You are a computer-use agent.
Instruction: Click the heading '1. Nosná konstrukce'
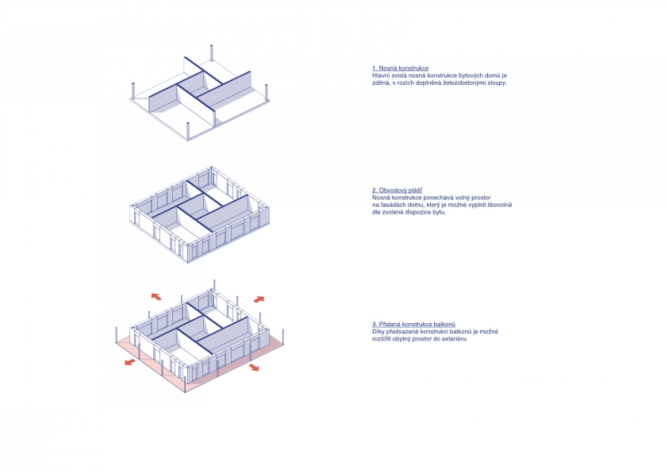click(x=400, y=68)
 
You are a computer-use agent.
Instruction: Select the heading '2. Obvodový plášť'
click(x=397, y=190)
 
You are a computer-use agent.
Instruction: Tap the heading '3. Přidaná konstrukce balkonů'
click(x=414, y=324)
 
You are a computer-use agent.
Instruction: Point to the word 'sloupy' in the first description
click(x=496, y=83)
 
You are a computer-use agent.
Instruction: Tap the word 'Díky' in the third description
click(x=378, y=332)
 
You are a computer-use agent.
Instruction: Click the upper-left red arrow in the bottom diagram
click(x=156, y=296)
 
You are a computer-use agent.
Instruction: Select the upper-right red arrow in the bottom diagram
click(x=259, y=299)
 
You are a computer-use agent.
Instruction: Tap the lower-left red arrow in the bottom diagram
click(x=130, y=362)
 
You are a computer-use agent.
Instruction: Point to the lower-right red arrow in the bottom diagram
click(x=254, y=367)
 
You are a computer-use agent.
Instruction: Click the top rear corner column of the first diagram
click(x=212, y=53)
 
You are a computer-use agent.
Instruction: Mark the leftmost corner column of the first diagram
click(x=133, y=91)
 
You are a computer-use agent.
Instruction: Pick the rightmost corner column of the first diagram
click(x=267, y=93)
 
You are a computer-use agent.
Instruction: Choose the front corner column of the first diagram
click(x=188, y=131)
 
